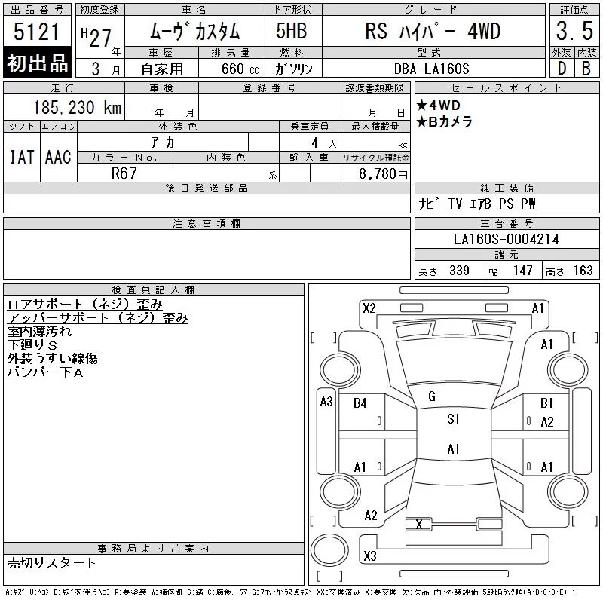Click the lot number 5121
click(x=36, y=32)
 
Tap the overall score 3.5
click(x=574, y=31)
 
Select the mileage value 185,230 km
click(x=77, y=107)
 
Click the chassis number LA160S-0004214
click(x=506, y=239)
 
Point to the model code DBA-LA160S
click(x=431, y=69)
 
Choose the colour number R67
click(x=124, y=173)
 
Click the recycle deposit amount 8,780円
click(x=383, y=174)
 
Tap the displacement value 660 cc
click(x=240, y=69)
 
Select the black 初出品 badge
click(x=37, y=63)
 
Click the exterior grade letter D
click(x=562, y=69)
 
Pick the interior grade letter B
click(x=586, y=69)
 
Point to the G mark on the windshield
click(x=432, y=396)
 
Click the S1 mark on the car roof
click(x=453, y=418)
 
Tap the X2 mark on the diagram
click(x=369, y=308)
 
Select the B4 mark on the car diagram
click(x=360, y=403)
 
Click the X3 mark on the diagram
click(x=370, y=556)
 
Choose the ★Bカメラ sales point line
click(x=445, y=121)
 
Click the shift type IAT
click(x=22, y=157)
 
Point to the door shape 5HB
click(x=292, y=31)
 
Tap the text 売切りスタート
click(x=51, y=562)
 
